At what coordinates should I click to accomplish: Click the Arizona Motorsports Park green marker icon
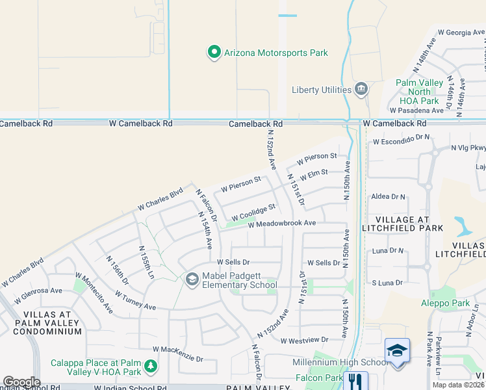point(214,53)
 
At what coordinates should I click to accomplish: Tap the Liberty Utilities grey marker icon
point(362,90)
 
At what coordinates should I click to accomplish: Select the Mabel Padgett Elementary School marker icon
point(192,279)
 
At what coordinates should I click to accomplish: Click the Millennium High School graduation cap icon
point(397,352)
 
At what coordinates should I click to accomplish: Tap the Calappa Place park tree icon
point(151,367)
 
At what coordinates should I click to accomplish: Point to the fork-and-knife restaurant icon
point(355,381)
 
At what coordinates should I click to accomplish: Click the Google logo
point(21,382)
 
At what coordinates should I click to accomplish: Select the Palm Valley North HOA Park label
point(420,92)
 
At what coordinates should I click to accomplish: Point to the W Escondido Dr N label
point(402,138)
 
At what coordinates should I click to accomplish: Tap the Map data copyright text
point(458,385)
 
